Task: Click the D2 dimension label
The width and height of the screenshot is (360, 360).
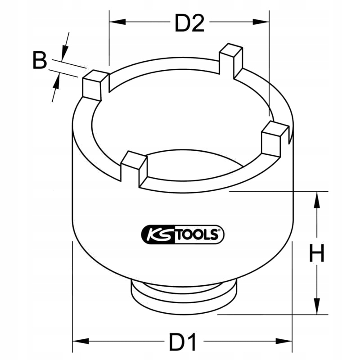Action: pyautogui.click(x=189, y=23)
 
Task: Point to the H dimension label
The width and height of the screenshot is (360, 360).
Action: pyautogui.click(x=316, y=254)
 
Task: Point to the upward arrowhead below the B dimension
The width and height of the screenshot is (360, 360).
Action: pyautogui.click(x=57, y=82)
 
